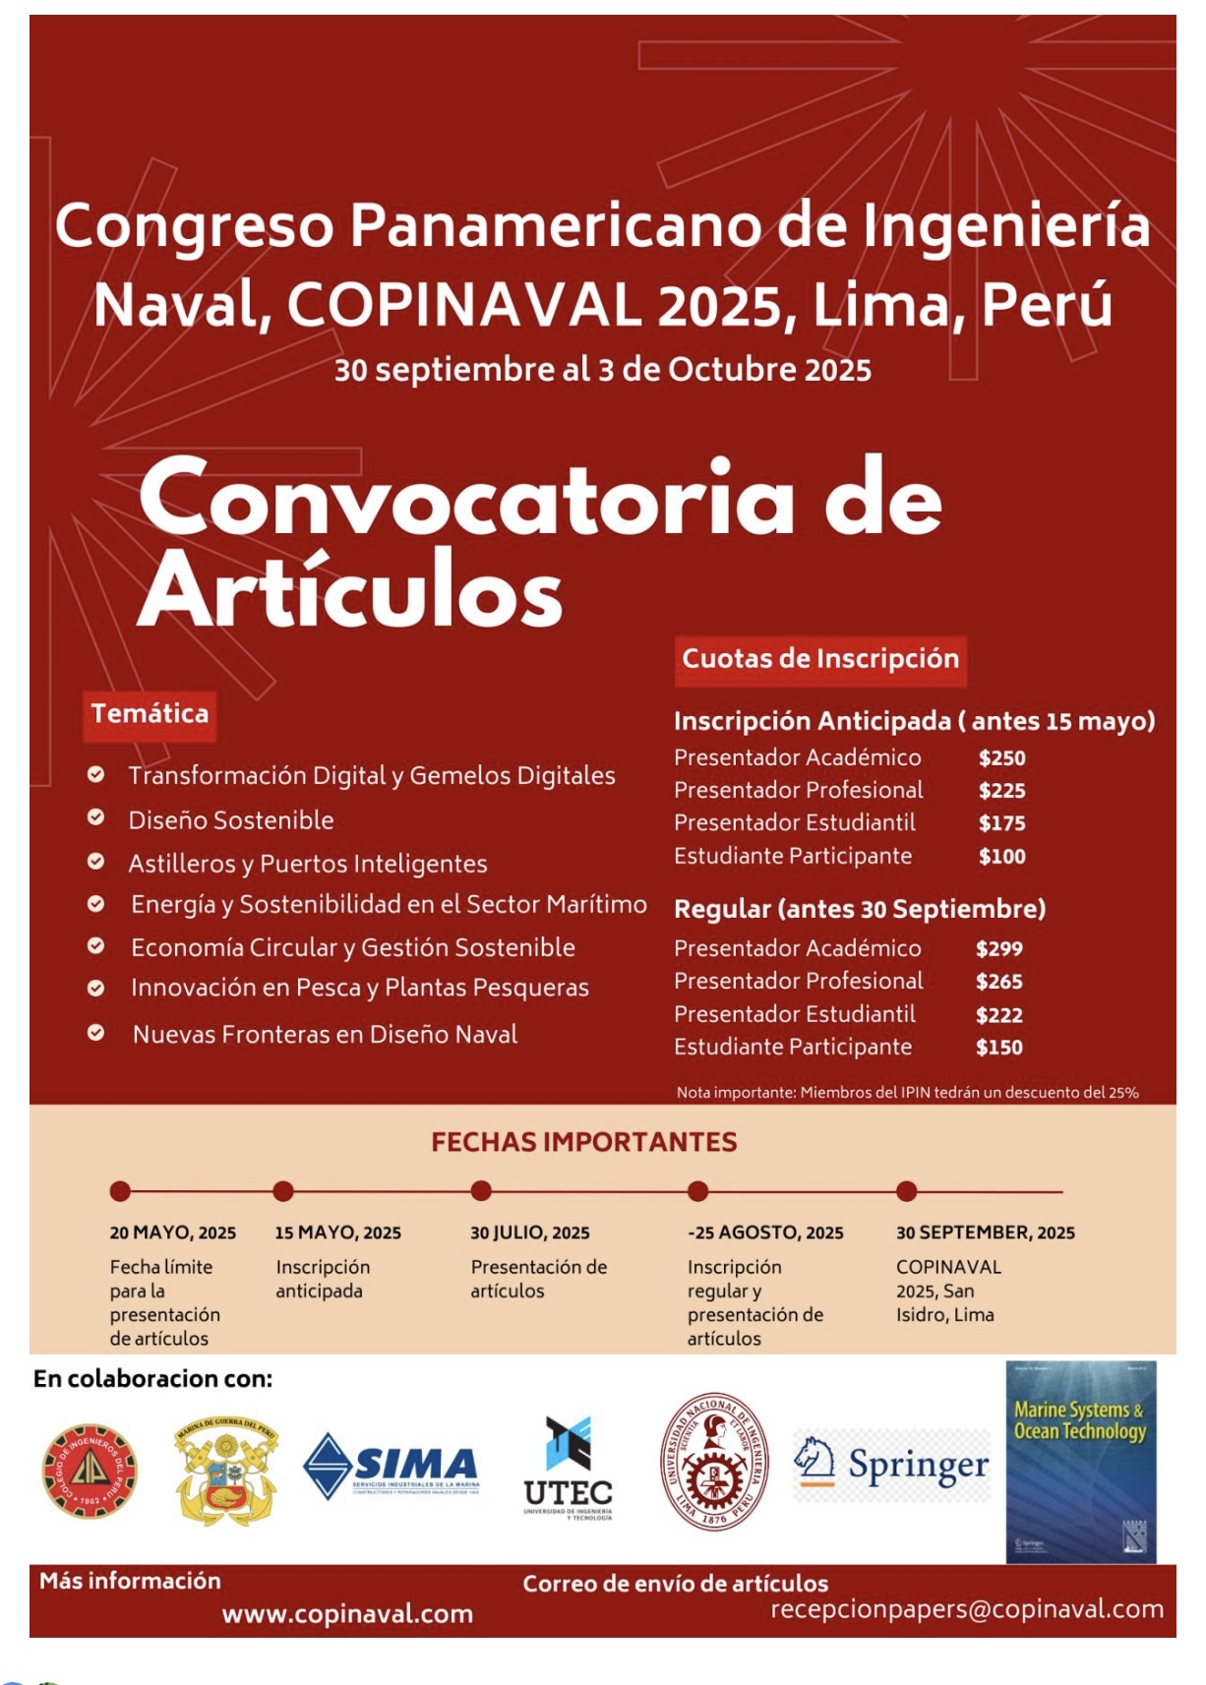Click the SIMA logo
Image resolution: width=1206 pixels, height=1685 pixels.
coord(392,1466)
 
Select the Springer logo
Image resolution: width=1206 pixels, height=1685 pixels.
coord(891,1465)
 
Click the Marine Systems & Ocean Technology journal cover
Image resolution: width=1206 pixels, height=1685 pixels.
coord(1080,1462)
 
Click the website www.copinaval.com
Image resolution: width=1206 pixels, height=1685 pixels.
coord(347,1614)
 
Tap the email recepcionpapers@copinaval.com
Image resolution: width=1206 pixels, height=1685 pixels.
coord(966,1609)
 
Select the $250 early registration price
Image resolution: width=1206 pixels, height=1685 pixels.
coord(1001,758)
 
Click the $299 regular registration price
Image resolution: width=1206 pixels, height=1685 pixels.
coord(998,949)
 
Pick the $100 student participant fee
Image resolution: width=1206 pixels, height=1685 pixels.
coord(1001,857)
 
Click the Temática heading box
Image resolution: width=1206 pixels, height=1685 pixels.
coord(150,714)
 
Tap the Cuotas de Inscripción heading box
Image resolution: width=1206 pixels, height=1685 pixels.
coord(820,659)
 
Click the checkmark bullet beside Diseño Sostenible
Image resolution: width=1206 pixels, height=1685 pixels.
coord(96,817)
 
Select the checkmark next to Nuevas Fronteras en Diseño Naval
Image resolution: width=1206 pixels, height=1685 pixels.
coord(96,1033)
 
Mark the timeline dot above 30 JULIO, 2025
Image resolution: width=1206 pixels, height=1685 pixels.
coord(481,1191)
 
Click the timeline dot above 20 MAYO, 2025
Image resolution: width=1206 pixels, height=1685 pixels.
coord(120,1191)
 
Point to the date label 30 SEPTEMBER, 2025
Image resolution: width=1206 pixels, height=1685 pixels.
coord(985,1233)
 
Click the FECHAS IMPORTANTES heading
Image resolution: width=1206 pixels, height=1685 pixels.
coord(583,1142)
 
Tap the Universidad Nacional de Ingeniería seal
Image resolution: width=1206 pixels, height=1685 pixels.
coord(713,1462)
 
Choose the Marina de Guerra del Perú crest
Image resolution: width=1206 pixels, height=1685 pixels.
coord(225,1470)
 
